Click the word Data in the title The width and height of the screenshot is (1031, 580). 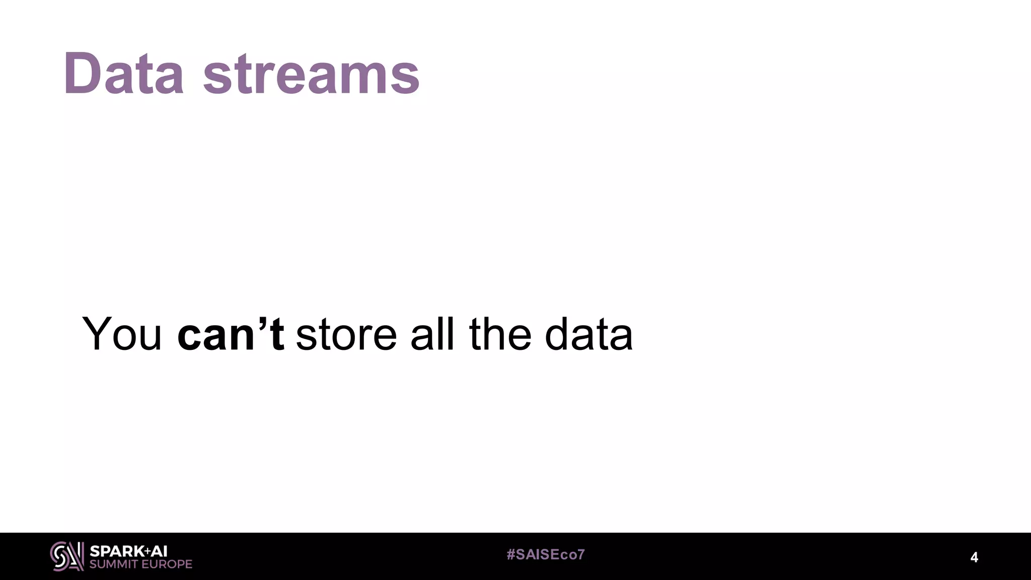pos(123,74)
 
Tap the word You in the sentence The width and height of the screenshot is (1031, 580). pos(122,334)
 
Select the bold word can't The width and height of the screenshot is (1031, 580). pos(231,334)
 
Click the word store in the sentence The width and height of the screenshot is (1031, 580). pos(346,335)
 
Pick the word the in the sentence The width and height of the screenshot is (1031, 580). pos(500,334)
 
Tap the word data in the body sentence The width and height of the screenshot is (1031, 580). pos(588,334)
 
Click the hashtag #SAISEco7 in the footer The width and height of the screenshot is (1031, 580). pos(546,555)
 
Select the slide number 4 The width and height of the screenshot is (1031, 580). pos(974,557)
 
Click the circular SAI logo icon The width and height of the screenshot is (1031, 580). pos(66,556)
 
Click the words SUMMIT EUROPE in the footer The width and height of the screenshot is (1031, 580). pos(141,564)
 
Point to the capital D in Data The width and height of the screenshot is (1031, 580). pos(83,74)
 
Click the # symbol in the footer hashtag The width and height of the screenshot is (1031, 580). pos(511,555)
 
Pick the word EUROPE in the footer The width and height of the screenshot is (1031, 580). pos(167,564)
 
